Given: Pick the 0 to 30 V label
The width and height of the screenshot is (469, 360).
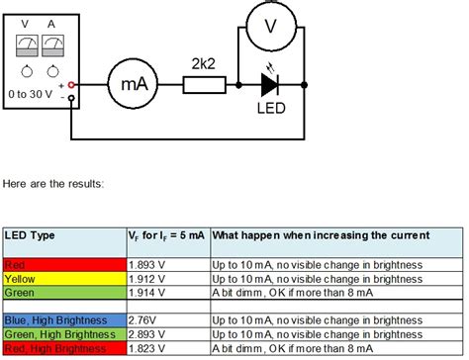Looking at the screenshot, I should pyautogui.click(x=42, y=95).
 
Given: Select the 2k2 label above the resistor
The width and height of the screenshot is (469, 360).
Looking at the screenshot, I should pyautogui.click(x=204, y=62).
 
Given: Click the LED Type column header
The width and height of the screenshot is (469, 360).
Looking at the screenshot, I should pyautogui.click(x=30, y=236).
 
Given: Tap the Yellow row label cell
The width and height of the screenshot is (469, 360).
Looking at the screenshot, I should pyautogui.click(x=64, y=279).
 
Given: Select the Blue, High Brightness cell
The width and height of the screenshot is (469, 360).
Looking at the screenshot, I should pyautogui.click(x=64, y=321).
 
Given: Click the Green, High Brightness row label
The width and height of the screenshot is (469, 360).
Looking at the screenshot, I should pyautogui.click(x=64, y=335).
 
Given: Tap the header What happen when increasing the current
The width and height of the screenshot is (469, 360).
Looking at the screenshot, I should pyautogui.click(x=322, y=236).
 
